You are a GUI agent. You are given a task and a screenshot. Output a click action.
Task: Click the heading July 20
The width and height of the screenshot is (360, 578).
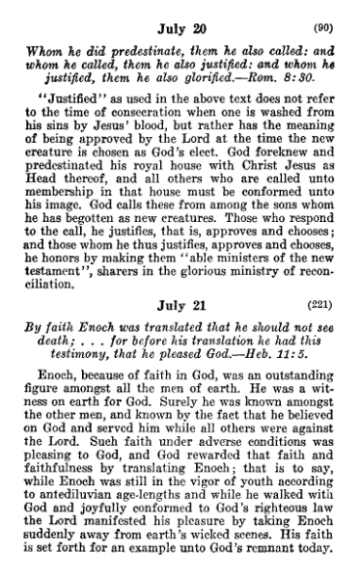click(180, 13)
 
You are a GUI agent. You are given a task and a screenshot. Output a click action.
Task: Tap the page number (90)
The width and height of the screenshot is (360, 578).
click(331, 13)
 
